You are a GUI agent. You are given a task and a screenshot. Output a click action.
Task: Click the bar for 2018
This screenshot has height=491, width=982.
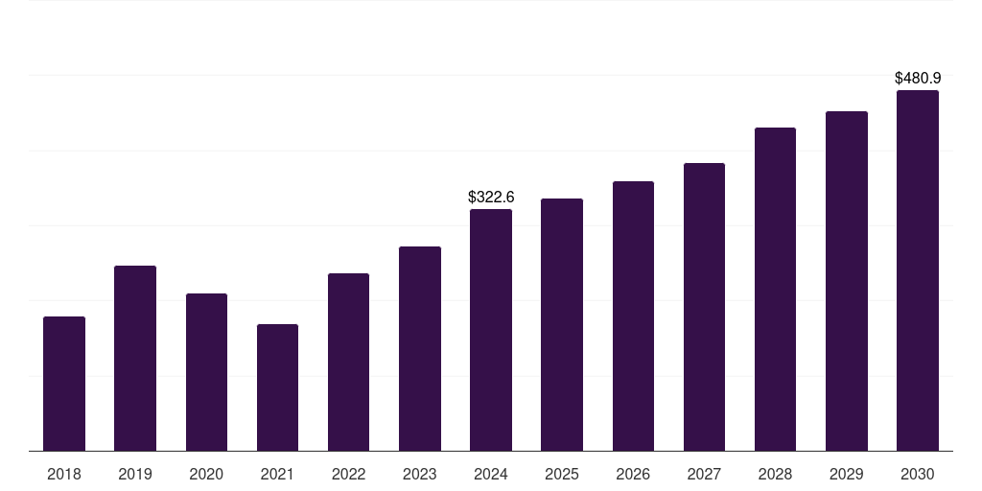(64, 384)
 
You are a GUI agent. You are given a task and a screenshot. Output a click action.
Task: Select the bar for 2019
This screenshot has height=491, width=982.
(135, 359)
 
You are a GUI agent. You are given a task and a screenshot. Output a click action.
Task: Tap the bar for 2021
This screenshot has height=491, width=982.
(277, 387)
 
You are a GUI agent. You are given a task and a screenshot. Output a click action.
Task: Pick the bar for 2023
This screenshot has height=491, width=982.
(420, 349)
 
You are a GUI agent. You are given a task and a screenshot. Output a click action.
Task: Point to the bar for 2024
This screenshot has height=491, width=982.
(491, 330)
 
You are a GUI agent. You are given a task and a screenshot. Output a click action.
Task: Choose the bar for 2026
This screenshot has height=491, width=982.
(633, 316)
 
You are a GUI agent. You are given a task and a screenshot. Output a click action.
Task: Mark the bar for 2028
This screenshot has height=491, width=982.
(775, 290)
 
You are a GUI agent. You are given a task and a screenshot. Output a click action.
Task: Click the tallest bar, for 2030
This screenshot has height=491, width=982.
(918, 270)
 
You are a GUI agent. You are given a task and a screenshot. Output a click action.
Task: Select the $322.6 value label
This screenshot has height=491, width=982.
(491, 198)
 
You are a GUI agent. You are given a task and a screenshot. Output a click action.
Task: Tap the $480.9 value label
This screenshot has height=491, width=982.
(918, 79)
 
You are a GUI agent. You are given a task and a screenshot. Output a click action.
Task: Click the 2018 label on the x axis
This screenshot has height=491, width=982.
(64, 475)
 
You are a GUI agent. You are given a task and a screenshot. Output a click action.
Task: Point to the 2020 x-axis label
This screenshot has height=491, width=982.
(206, 475)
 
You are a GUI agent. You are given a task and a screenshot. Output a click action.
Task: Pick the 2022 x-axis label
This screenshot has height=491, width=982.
(348, 475)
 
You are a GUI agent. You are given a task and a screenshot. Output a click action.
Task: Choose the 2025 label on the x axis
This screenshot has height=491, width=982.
(562, 475)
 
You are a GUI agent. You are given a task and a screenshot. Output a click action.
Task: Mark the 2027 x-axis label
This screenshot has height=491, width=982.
(704, 475)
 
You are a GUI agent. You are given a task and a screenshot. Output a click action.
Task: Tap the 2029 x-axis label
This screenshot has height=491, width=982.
(846, 475)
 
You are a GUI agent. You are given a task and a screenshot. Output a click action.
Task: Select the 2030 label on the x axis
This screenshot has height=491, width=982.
(918, 475)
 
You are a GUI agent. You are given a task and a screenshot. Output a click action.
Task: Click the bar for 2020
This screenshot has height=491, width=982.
(207, 373)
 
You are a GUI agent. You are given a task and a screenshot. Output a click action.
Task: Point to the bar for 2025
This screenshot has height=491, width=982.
(562, 325)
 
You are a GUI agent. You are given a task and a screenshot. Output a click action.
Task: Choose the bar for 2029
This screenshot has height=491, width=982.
(847, 281)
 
